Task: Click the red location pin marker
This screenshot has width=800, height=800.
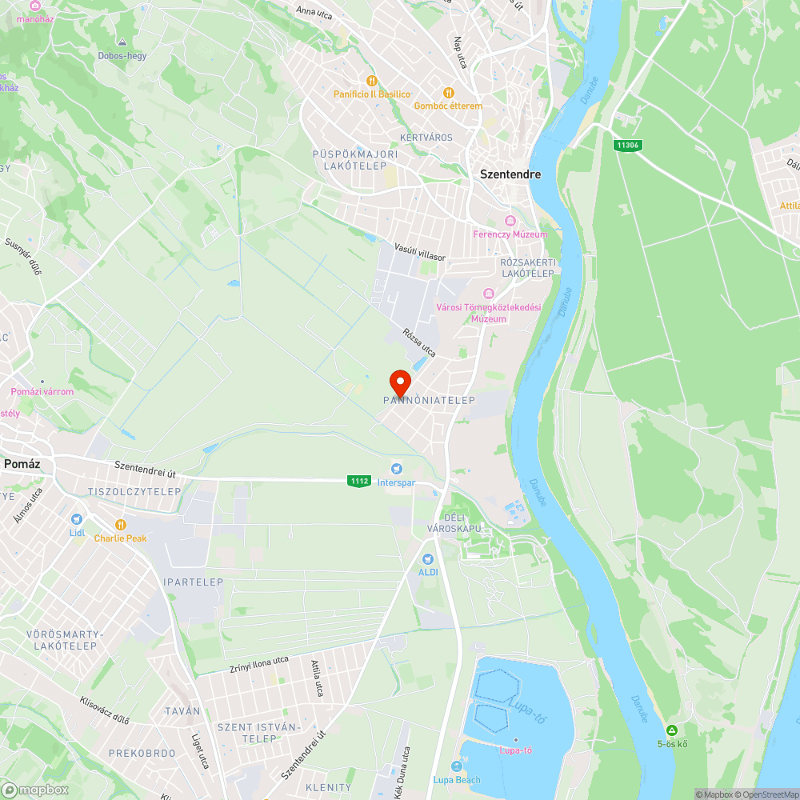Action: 399,381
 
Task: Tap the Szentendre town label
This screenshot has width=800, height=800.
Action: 510,174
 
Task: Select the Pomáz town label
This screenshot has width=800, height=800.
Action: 22,464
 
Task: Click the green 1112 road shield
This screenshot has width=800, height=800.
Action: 359,481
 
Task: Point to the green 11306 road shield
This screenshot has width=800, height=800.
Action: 627,146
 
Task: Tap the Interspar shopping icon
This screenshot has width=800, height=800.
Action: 395,469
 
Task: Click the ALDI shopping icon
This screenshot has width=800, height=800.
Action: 427,558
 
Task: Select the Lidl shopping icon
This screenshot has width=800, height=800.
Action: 77,518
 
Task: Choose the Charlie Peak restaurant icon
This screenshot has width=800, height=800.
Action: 120,525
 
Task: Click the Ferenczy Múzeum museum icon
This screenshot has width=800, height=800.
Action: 510,221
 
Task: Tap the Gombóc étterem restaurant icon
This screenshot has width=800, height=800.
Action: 448,92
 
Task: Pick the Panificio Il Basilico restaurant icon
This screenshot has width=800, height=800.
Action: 371,81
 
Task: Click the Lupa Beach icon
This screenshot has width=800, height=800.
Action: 457,766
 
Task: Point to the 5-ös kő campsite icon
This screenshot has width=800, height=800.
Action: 672,730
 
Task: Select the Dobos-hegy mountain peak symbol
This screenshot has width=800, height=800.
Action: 122,42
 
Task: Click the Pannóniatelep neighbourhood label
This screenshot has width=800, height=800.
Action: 429,400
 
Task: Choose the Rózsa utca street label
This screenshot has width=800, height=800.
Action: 419,342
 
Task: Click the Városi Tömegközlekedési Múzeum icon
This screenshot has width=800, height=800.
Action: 488,294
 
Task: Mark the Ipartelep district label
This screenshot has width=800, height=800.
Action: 193,582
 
